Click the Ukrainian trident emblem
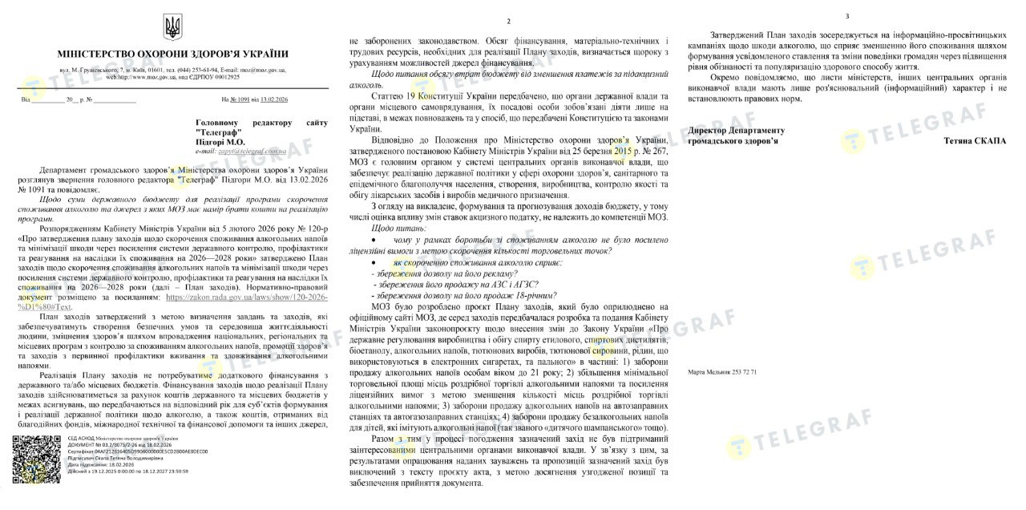pos(172,28)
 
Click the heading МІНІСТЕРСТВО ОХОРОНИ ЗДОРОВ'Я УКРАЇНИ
pos(172,55)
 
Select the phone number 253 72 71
pos(742,373)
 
